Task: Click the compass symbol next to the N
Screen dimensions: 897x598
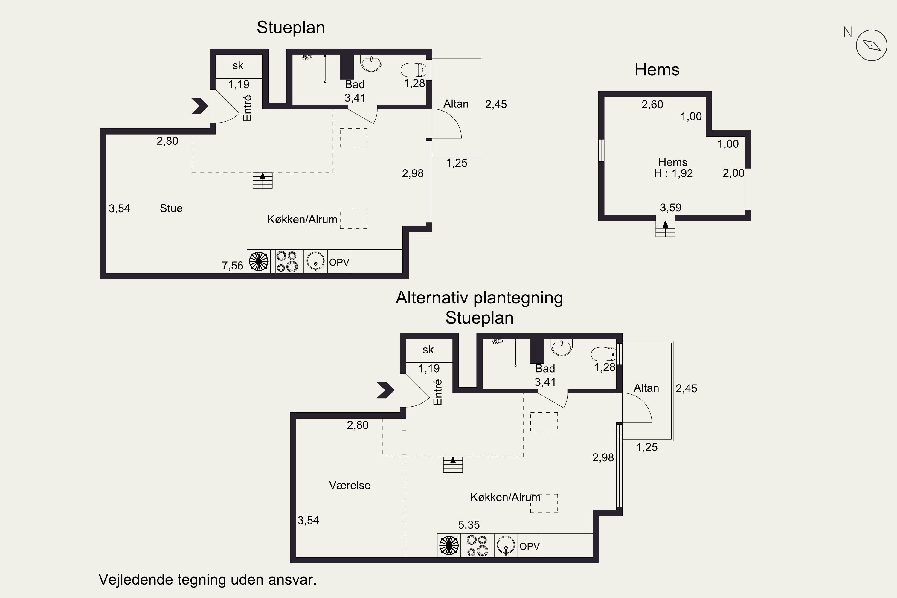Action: (x=872, y=45)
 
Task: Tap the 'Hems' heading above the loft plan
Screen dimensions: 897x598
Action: (x=657, y=70)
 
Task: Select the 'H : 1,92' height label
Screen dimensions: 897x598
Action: (x=673, y=173)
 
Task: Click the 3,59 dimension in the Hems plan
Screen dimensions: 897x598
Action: (x=670, y=208)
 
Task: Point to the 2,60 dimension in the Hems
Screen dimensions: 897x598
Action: (x=652, y=104)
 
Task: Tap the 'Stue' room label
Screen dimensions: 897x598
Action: (x=171, y=208)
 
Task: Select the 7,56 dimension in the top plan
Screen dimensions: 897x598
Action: (x=232, y=266)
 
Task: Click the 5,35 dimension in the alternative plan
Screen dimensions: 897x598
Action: (x=469, y=525)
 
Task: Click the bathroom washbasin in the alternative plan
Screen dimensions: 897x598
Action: (x=562, y=347)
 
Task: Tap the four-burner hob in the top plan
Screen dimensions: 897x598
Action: (x=287, y=261)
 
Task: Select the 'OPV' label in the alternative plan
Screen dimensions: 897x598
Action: (x=529, y=546)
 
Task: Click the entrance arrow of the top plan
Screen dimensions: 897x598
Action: (x=199, y=106)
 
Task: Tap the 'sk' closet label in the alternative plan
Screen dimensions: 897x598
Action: (x=428, y=350)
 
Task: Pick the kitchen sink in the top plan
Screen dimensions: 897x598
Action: (x=315, y=261)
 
